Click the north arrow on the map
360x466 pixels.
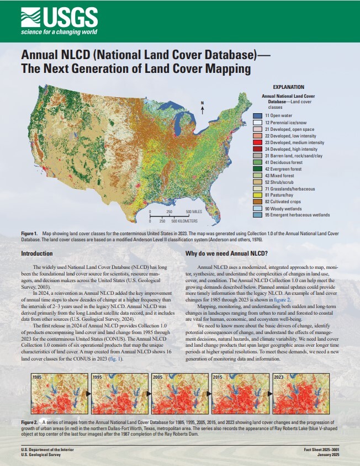point(203,108)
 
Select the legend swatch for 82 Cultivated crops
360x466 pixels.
point(257,202)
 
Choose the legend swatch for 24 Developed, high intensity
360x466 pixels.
point(257,149)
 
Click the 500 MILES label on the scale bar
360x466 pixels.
point(193,211)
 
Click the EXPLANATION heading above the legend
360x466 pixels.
point(289,87)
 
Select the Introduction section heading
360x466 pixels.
point(37,253)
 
